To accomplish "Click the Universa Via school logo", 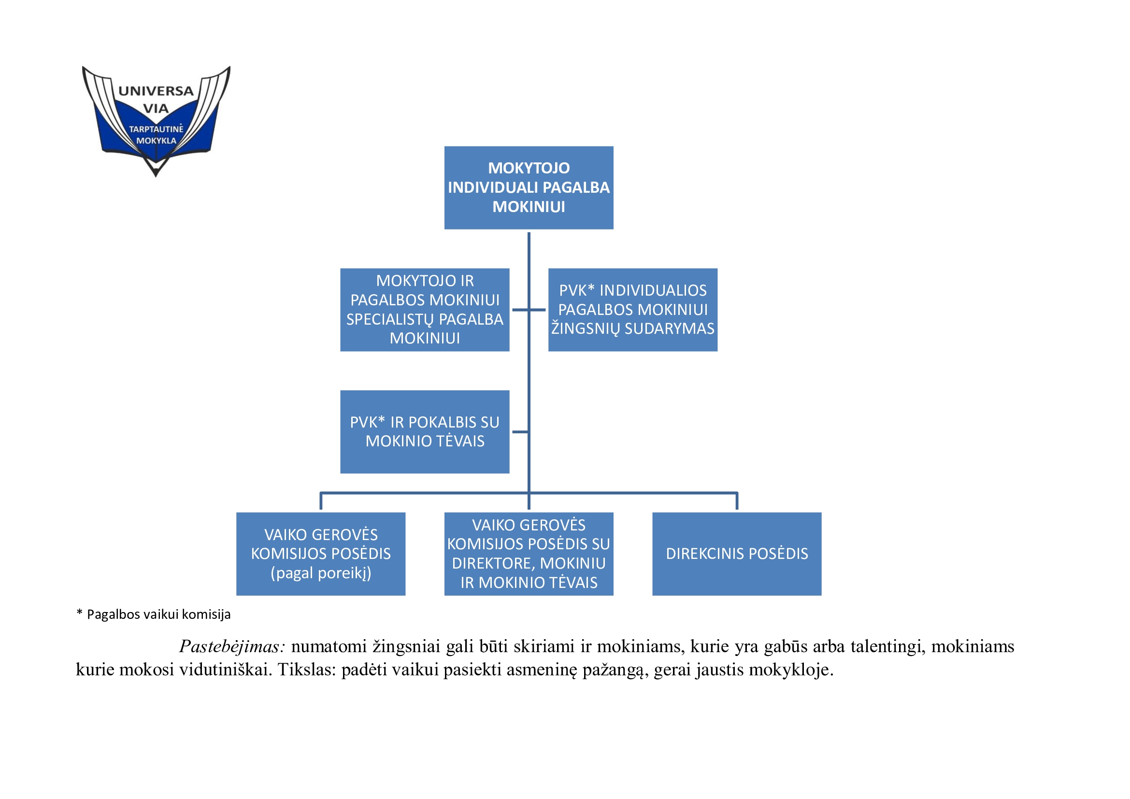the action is [x=156, y=121].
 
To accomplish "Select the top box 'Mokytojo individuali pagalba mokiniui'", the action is [x=529, y=187].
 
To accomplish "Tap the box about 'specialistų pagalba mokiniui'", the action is [x=425, y=310].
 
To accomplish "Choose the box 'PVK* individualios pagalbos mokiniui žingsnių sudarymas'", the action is [x=632, y=310].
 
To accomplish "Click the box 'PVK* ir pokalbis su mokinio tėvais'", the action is [x=425, y=431].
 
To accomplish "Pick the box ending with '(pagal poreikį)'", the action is [x=321, y=554].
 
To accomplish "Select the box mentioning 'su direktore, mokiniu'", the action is [x=529, y=554].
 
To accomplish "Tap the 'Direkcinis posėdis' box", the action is [x=737, y=554].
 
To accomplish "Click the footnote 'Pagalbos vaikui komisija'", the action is [x=158, y=614].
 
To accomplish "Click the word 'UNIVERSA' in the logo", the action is [x=156, y=91].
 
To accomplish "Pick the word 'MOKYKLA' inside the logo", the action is [x=156, y=141].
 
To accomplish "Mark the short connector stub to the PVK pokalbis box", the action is [x=520, y=432].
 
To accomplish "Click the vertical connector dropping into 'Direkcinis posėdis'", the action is [x=737, y=501].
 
